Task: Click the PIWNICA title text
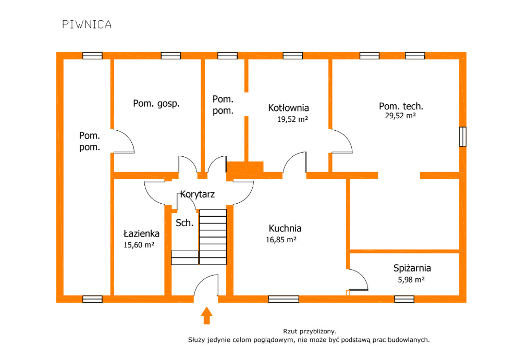tap(87, 24)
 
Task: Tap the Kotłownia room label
tap(288, 108)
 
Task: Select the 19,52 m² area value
tap(292, 119)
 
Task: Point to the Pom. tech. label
tap(400, 106)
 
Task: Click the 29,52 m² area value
tap(400, 116)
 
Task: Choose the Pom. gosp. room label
tap(156, 103)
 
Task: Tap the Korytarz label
tap(198, 194)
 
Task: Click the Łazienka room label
tap(141, 233)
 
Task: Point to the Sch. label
tap(184, 223)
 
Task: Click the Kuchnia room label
tap(285, 228)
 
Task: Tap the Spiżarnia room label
tap(412, 269)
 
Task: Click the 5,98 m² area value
tap(411, 280)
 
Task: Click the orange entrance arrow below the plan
tap(207, 316)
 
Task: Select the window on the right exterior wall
tap(462, 136)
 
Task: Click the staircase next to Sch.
tap(213, 237)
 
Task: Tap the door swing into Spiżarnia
tap(359, 281)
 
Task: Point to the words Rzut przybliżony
tap(310, 331)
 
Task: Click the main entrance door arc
tap(206, 287)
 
